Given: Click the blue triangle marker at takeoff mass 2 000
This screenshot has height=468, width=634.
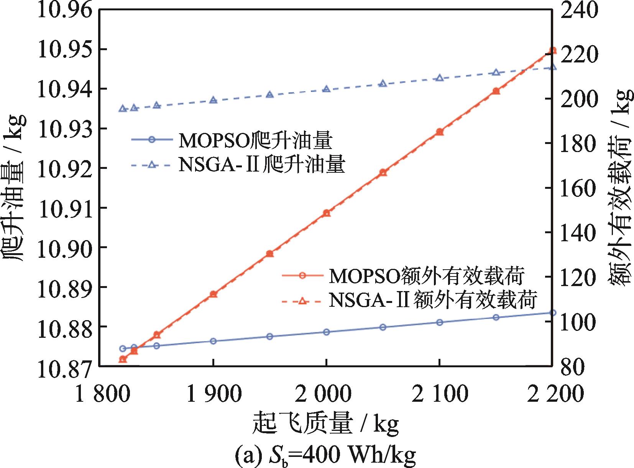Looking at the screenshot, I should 327,89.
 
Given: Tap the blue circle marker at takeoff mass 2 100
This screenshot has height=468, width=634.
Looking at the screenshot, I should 440,322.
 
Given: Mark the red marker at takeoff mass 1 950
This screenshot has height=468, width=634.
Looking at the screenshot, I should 270,254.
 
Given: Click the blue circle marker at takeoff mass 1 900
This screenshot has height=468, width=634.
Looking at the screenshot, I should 214,341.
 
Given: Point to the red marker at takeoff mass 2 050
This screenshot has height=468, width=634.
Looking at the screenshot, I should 383,172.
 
